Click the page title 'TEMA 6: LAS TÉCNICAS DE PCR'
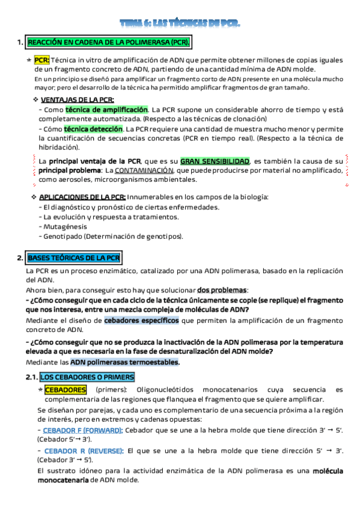[x=180, y=23]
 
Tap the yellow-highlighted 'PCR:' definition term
[x=41, y=60]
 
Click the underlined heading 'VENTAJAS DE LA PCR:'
[x=77, y=100]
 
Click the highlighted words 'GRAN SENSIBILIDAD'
[x=215, y=161]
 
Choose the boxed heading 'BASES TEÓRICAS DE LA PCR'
[x=74, y=258]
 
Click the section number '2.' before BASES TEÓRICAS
[x=20, y=258]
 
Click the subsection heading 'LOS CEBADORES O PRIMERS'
[x=88, y=377]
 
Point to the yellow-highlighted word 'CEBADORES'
[x=66, y=390]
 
